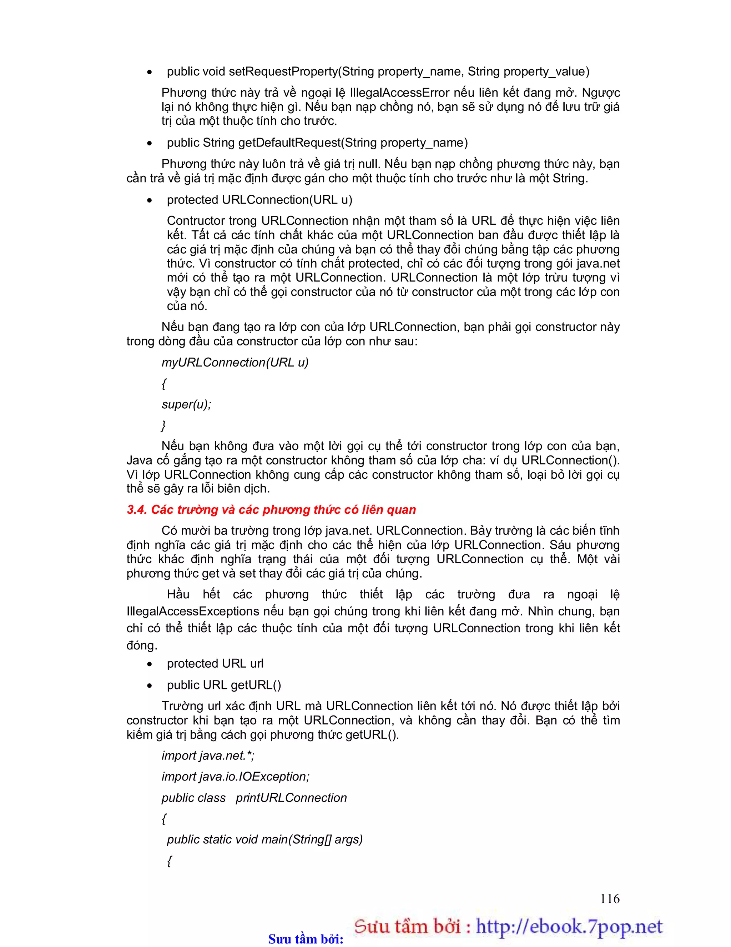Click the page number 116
click(x=609, y=898)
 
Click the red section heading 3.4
click(x=271, y=509)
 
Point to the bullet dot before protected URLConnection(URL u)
click(x=150, y=200)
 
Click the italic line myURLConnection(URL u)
click(x=235, y=363)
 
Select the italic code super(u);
click(x=186, y=405)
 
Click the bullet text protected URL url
click(x=215, y=663)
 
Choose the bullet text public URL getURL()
click(x=223, y=685)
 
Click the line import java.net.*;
click(x=208, y=756)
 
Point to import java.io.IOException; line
click(x=235, y=777)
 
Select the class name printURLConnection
click(x=291, y=798)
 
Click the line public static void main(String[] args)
click(x=264, y=839)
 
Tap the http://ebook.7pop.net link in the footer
click(x=569, y=927)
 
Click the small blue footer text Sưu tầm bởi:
click(x=306, y=939)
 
